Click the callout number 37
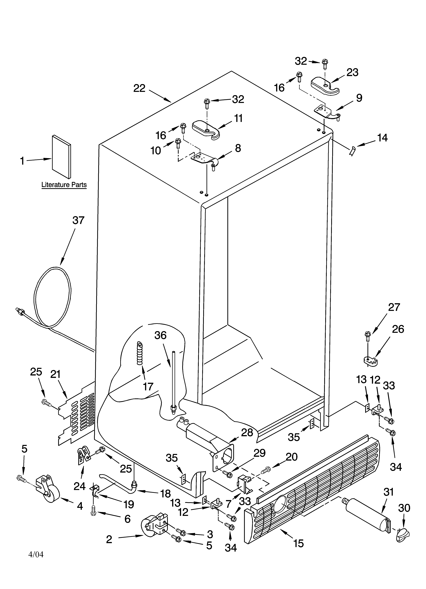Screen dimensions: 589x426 click(78, 221)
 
